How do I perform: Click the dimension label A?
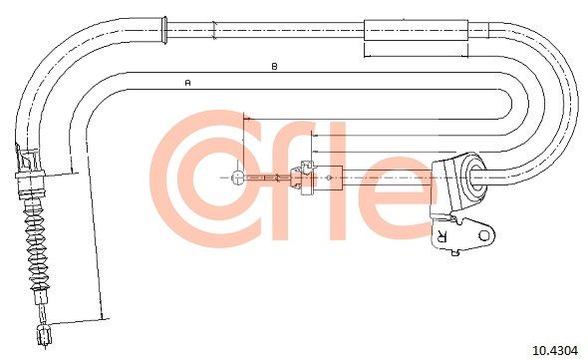(x=188, y=82)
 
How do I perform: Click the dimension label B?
(x=274, y=67)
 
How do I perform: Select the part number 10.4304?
(x=555, y=351)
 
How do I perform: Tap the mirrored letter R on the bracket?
(x=441, y=235)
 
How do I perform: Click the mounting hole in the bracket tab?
(x=485, y=235)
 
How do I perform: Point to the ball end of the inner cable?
(x=238, y=177)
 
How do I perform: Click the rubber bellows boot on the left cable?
(x=36, y=244)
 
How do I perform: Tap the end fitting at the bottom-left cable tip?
(x=44, y=334)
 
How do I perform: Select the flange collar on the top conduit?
(x=163, y=30)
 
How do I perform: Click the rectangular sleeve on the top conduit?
(x=417, y=30)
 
